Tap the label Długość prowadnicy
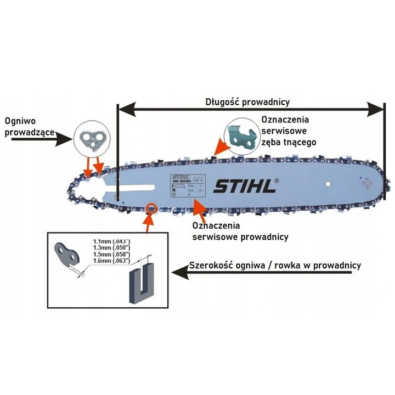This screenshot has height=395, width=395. (x=247, y=101)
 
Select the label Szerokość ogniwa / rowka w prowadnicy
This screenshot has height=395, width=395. (x=275, y=266)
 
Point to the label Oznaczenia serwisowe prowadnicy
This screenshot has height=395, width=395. (x=240, y=231)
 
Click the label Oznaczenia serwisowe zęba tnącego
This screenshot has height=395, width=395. (x=286, y=130)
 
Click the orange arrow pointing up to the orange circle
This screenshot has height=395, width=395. (x=146, y=222)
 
